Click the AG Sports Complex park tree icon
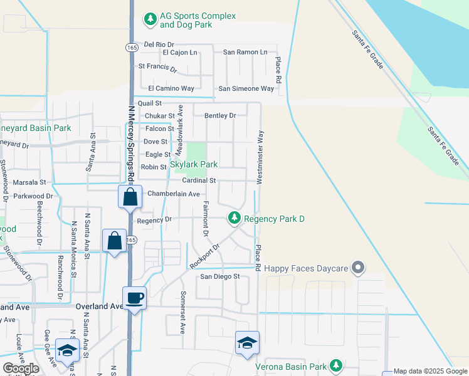pos(150,19)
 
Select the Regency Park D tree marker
pos(234,218)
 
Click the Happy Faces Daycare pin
pos(358,268)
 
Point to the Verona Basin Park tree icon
pos(336,366)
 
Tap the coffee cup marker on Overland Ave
pos(135,298)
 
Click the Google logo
pos(21,368)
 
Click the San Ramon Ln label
pos(245,51)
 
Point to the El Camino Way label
pos(171,88)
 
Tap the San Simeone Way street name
pos(246,88)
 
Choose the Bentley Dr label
pos(219,115)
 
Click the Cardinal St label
pos(199,180)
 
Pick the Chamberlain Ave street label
pos(173,194)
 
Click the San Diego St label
pos(219,276)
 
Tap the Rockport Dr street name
pos(206,258)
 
